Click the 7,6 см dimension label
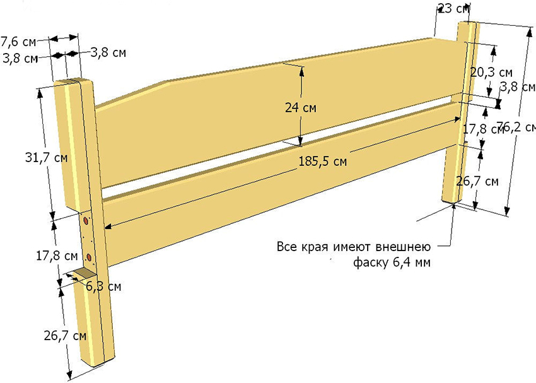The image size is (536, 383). click(x=18, y=42)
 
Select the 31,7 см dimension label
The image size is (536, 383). click(x=47, y=158)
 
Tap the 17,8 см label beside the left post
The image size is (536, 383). click(x=57, y=256)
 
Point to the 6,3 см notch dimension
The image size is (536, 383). click(x=103, y=286)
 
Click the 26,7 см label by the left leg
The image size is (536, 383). click(x=66, y=336)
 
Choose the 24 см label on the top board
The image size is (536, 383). click(x=301, y=108)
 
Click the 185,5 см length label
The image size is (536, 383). click(x=323, y=161)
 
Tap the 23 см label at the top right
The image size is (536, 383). click(x=453, y=8)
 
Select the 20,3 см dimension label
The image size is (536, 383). click(x=492, y=73)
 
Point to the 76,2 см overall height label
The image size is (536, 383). click(x=516, y=127)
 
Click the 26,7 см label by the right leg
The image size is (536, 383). click(x=477, y=181)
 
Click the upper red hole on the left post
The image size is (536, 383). click(x=86, y=221)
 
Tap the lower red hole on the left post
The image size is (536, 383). click(x=89, y=257)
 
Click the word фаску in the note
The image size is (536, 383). click(x=370, y=262)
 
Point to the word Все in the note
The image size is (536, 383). click(x=287, y=247)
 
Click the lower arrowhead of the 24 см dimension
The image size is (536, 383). click(x=300, y=141)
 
